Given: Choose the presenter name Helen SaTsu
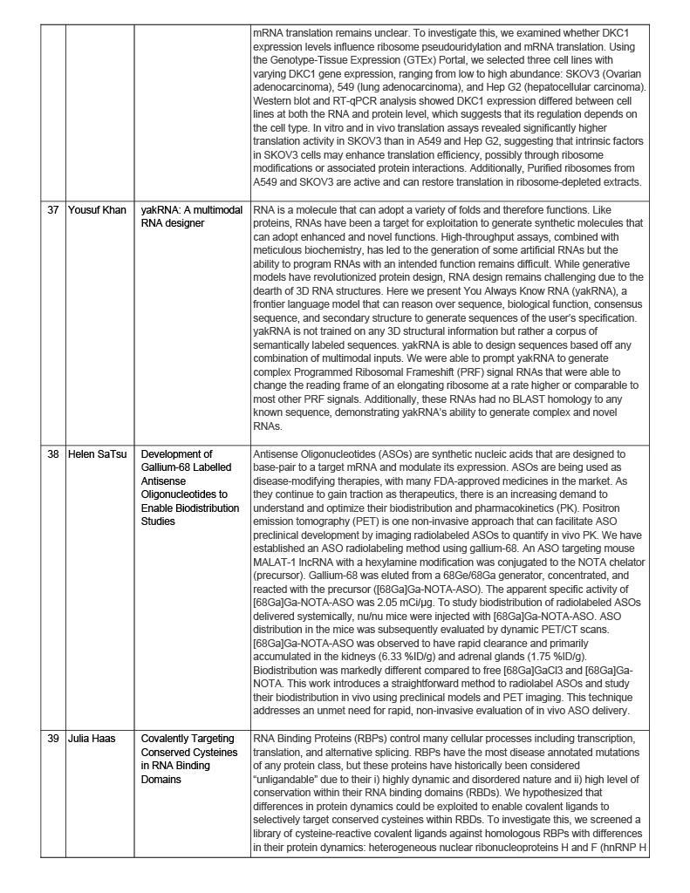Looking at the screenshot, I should (99, 454).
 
